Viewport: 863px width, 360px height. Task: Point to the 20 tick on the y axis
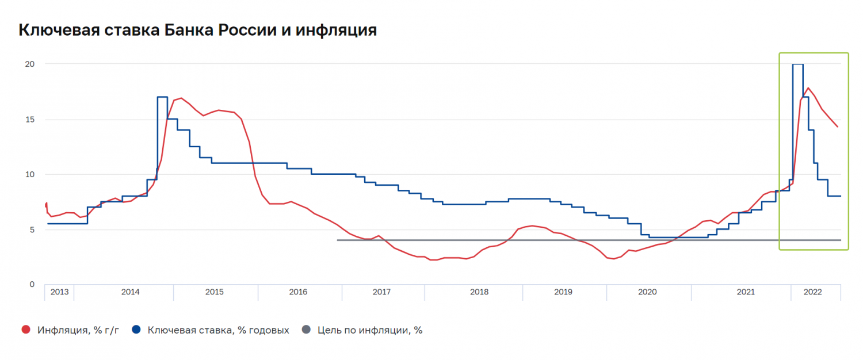pyautogui.click(x=30, y=64)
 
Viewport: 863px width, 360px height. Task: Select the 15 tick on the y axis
pyautogui.click(x=30, y=120)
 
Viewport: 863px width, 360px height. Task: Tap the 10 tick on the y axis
pyautogui.click(x=30, y=174)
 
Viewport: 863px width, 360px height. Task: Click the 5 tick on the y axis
pyautogui.click(x=32, y=229)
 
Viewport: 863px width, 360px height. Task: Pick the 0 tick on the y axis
pyautogui.click(x=32, y=285)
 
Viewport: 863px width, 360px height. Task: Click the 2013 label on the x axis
pyautogui.click(x=59, y=292)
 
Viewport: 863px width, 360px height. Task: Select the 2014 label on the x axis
pyautogui.click(x=130, y=292)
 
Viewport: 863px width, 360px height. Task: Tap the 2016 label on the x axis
pyautogui.click(x=298, y=292)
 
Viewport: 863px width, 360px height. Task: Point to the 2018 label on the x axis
pyautogui.click(x=479, y=292)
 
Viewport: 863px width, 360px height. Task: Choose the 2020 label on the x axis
pyautogui.click(x=647, y=292)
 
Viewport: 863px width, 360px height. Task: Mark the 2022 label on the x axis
pyautogui.click(x=812, y=292)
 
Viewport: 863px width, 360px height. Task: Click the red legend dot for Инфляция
pyautogui.click(x=25, y=330)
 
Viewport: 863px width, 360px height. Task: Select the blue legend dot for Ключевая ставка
pyautogui.click(x=136, y=330)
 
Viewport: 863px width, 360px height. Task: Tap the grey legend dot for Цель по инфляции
pyautogui.click(x=306, y=330)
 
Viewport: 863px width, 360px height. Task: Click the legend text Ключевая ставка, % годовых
pyautogui.click(x=219, y=330)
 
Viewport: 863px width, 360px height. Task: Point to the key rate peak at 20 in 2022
pyautogui.click(x=798, y=64)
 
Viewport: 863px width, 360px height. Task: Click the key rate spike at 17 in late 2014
pyautogui.click(x=162, y=97)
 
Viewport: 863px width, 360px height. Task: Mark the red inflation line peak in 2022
pyautogui.click(x=808, y=88)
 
